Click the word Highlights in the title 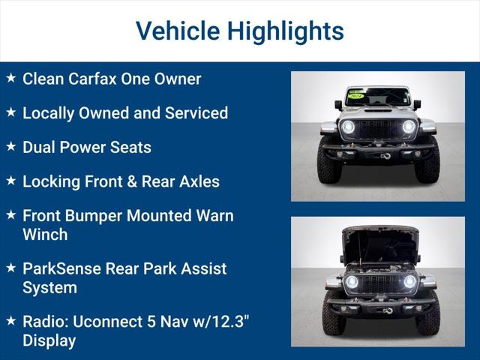click(x=285, y=31)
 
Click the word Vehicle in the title click(x=177, y=31)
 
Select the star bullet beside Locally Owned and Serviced click(x=10, y=112)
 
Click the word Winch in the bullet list click(x=45, y=235)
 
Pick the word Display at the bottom click(x=49, y=340)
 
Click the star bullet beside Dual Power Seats click(x=10, y=147)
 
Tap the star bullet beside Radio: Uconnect click(x=10, y=320)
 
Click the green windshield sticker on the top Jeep click(x=355, y=95)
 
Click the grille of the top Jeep click(x=378, y=128)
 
